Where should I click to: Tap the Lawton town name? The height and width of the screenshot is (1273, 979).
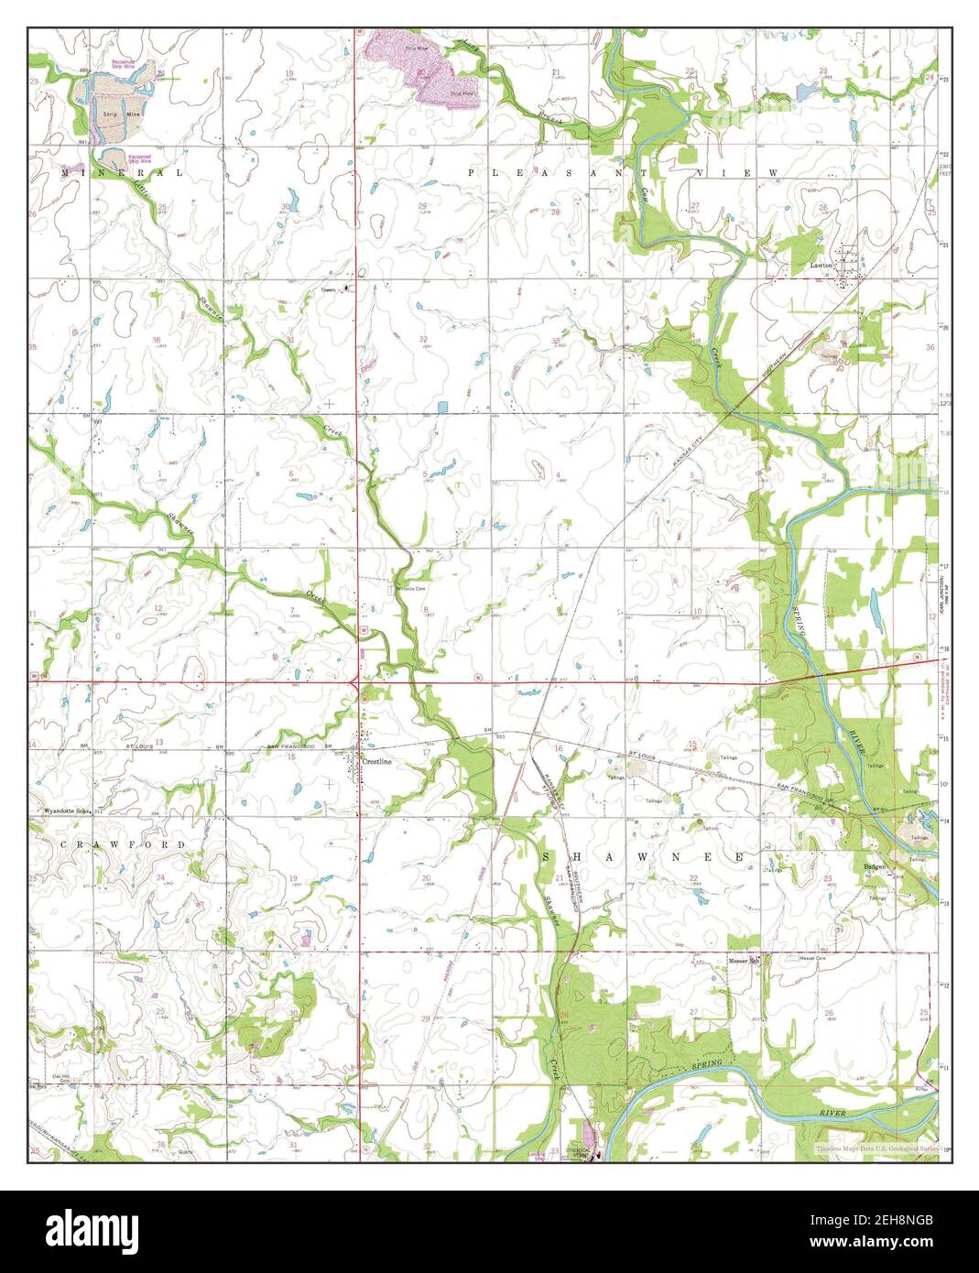(821, 265)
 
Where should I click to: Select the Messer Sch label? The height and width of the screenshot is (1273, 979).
(745, 961)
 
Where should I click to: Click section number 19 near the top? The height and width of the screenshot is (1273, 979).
(289, 72)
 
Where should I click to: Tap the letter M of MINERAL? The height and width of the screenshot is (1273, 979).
(65, 172)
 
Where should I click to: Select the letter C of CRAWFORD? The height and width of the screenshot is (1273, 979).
(65, 843)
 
